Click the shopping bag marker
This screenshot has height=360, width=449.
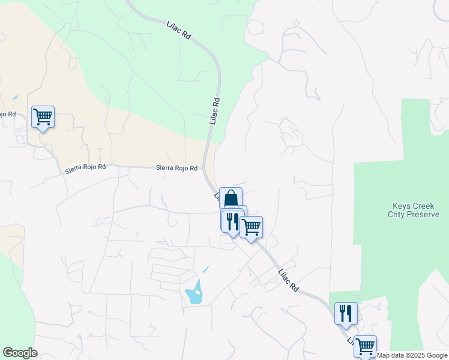tap(231, 197)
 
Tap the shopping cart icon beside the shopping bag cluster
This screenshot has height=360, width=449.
tap(252, 227)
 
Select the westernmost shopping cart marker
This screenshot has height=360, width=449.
tap(43, 116)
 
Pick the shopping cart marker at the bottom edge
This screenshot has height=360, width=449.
tap(365, 346)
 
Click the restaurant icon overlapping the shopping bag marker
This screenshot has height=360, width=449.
tap(232, 220)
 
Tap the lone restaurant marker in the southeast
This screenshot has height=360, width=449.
tap(346, 313)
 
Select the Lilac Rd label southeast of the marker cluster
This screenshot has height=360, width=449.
tap(288, 280)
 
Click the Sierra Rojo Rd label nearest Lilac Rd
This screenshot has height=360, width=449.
tap(177, 169)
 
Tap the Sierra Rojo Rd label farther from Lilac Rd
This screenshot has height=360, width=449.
tap(85, 170)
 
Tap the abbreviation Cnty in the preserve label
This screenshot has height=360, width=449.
tap(399, 214)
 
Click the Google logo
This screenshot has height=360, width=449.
tap(20, 353)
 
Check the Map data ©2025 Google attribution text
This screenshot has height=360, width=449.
tap(412, 355)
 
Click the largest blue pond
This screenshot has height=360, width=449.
tap(194, 293)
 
